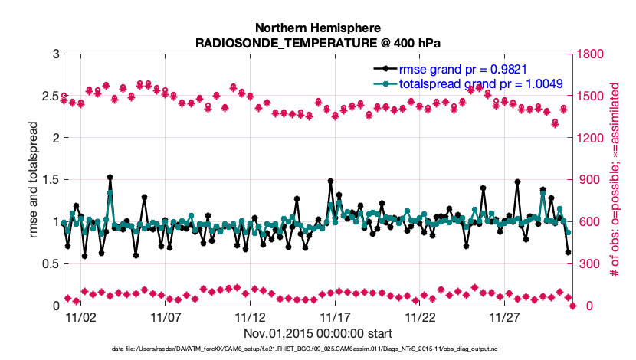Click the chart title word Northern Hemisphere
click(x=318, y=28)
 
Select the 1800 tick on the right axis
click(x=591, y=54)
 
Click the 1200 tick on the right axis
click(x=591, y=138)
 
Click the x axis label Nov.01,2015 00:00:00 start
click(x=318, y=333)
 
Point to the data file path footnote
click(x=318, y=349)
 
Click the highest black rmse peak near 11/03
click(x=110, y=177)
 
